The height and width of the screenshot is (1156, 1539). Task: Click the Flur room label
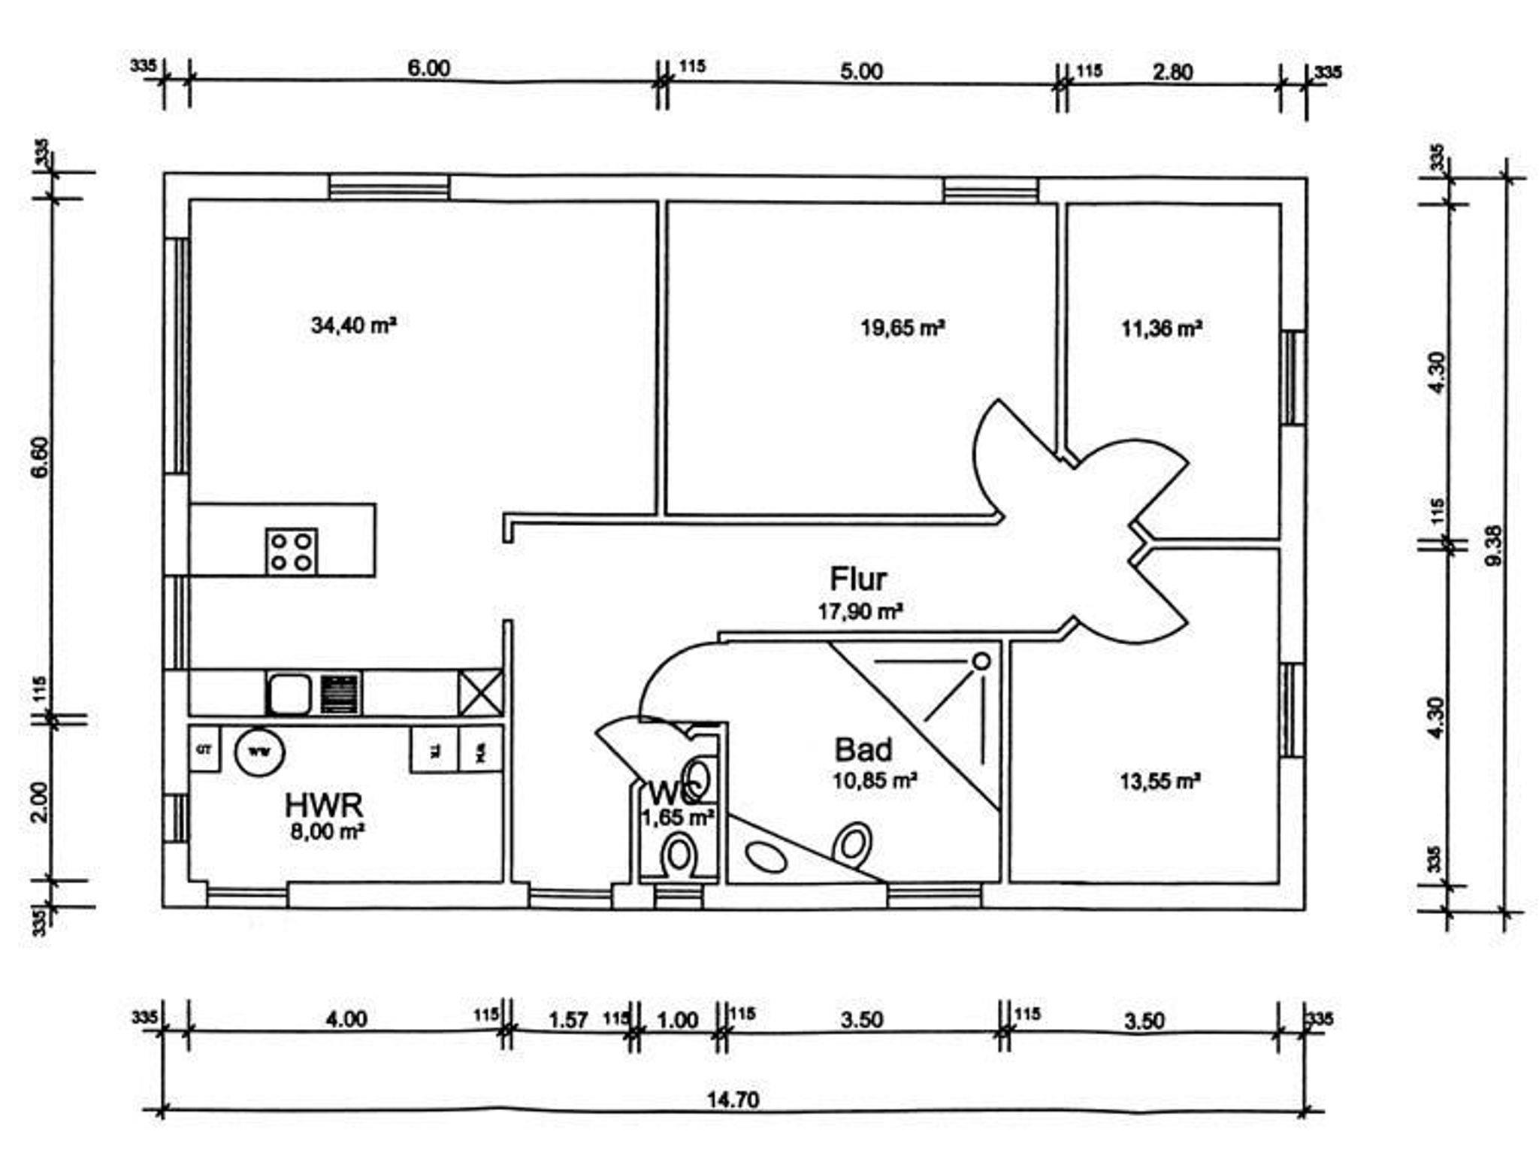coord(857,579)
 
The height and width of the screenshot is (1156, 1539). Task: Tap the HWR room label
coord(324,805)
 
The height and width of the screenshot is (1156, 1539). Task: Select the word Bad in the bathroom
coord(863,750)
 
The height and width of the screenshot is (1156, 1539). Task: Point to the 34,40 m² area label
coord(353,325)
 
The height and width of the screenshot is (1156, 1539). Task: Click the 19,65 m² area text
coord(902,328)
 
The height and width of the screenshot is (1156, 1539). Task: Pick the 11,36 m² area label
coord(1161,328)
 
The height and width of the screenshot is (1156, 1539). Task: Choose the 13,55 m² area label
coord(1160,782)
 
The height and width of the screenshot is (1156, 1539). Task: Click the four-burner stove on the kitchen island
coord(292,552)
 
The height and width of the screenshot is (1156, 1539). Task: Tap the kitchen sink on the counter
coord(288,694)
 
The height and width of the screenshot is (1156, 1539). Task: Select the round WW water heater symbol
coord(260,751)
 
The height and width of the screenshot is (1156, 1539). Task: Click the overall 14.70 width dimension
coord(733,1100)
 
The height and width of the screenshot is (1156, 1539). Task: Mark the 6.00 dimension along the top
coord(428,68)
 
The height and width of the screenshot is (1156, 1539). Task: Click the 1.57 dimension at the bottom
coord(568,1020)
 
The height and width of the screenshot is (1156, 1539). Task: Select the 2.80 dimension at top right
coord(1172,72)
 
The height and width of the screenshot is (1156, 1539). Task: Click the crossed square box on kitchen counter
coord(480,692)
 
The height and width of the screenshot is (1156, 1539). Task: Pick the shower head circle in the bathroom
coord(981,661)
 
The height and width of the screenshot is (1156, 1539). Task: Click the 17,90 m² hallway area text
coord(860,611)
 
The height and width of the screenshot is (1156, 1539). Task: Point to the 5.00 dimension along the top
coord(861,71)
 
